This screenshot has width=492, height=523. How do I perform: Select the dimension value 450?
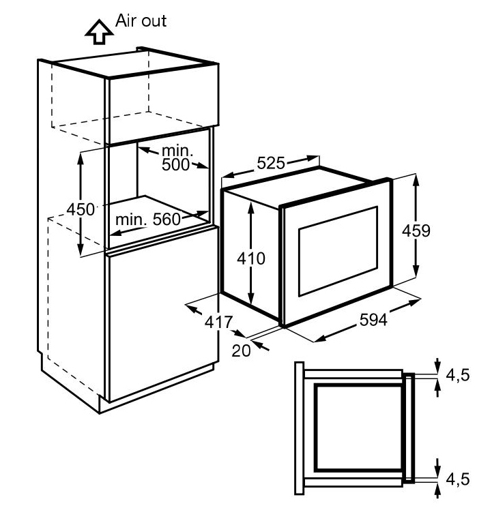point(81,209)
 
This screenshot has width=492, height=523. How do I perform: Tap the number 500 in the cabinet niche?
point(176,164)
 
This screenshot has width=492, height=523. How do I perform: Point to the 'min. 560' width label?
point(147,219)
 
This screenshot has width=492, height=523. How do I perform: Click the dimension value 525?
point(272,164)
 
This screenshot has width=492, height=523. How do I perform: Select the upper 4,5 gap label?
point(457,375)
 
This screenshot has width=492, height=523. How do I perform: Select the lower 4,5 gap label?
point(457,479)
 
